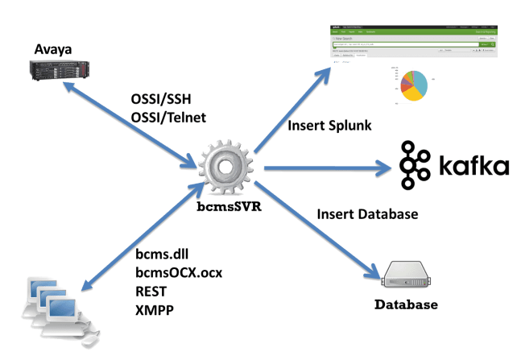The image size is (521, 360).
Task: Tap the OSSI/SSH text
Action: (161, 101)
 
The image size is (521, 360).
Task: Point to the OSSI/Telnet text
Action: (168, 118)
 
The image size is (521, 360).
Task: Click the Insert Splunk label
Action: (326, 126)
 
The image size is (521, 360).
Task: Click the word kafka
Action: (474, 167)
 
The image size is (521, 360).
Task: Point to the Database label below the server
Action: (406, 305)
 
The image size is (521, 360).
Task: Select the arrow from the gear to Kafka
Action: (322, 169)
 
